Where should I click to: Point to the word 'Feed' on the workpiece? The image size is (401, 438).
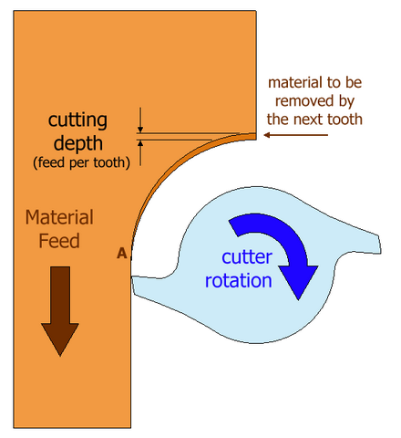(59, 241)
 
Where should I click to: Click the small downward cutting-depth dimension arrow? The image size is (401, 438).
(140, 115)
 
